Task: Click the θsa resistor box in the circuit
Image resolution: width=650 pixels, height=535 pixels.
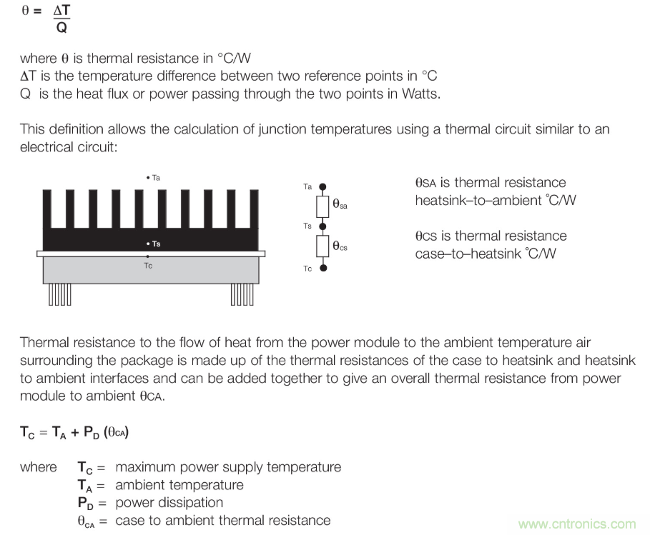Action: coord(323,206)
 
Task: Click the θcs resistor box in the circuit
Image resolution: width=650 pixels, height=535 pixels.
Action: coord(323,247)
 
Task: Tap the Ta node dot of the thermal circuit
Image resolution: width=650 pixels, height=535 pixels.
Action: coord(323,186)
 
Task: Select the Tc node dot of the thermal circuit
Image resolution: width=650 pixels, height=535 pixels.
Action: coord(323,268)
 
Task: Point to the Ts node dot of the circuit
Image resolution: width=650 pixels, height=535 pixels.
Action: coord(323,226)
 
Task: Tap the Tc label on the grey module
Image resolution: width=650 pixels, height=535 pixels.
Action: coord(148,265)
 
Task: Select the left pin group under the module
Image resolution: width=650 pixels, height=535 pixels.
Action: coord(59,294)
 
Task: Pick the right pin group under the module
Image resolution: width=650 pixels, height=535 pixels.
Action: coord(242,294)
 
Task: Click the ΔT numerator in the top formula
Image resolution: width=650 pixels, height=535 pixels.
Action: coord(62,12)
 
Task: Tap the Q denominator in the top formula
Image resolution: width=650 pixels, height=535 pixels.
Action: coord(61,29)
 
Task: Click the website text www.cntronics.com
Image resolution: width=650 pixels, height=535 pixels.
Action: coord(576,524)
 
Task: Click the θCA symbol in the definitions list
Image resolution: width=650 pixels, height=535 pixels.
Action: coord(87,521)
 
